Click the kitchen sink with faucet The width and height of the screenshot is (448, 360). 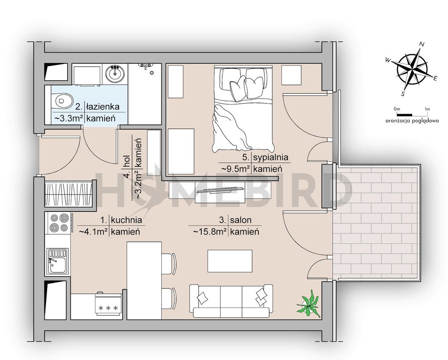pyautogui.click(x=57, y=261)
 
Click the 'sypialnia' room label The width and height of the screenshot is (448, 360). pyautogui.click(x=271, y=157)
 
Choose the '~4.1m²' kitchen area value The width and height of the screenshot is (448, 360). pyautogui.click(x=94, y=231)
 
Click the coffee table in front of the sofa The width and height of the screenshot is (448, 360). pyautogui.click(x=230, y=261)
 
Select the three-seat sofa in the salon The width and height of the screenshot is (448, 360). pyautogui.click(x=231, y=301)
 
